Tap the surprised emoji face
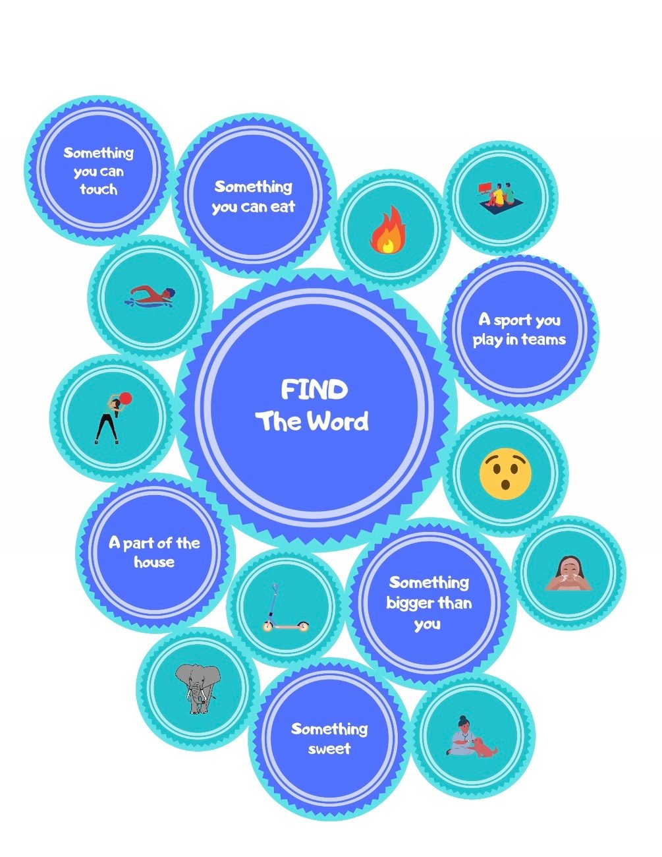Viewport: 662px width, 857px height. click(505, 473)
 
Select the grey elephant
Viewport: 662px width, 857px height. click(197, 688)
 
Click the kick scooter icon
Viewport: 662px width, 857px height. click(285, 608)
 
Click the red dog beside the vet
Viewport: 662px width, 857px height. click(485, 747)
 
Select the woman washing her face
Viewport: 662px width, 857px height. click(568, 573)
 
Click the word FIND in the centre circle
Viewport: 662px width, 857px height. click(314, 390)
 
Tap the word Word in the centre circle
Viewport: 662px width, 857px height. click(341, 422)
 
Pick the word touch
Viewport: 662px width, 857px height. click(99, 190)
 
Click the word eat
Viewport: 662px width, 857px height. click(281, 207)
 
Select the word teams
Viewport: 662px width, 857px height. click(544, 340)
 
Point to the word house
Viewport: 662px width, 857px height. click(154, 562)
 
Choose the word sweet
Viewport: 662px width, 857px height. click(329, 749)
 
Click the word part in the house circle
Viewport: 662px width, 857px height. click(138, 543)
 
